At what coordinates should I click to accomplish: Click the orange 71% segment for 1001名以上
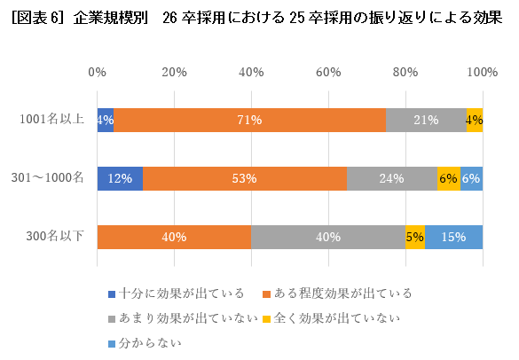tap(249, 120)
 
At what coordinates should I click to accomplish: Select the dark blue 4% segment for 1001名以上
tap(105, 120)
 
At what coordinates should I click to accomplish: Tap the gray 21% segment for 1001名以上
tap(426, 120)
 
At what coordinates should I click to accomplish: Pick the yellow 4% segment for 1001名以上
tap(475, 120)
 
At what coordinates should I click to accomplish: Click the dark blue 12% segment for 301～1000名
tap(120, 178)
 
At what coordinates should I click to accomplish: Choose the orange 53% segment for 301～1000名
tap(245, 178)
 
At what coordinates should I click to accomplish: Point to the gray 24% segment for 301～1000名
tap(392, 178)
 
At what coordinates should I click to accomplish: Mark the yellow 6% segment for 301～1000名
tap(449, 178)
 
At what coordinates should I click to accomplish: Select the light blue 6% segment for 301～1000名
tap(472, 178)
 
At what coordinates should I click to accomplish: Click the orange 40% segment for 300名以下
tap(174, 237)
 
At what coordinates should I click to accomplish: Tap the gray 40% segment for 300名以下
tap(328, 237)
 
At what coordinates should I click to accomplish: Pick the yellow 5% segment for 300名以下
tap(415, 237)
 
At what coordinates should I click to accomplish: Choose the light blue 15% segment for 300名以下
tap(454, 237)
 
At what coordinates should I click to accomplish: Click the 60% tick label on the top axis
tap(328, 72)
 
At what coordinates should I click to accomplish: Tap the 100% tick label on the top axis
tap(483, 72)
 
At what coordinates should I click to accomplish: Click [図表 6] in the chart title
tap(35, 20)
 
